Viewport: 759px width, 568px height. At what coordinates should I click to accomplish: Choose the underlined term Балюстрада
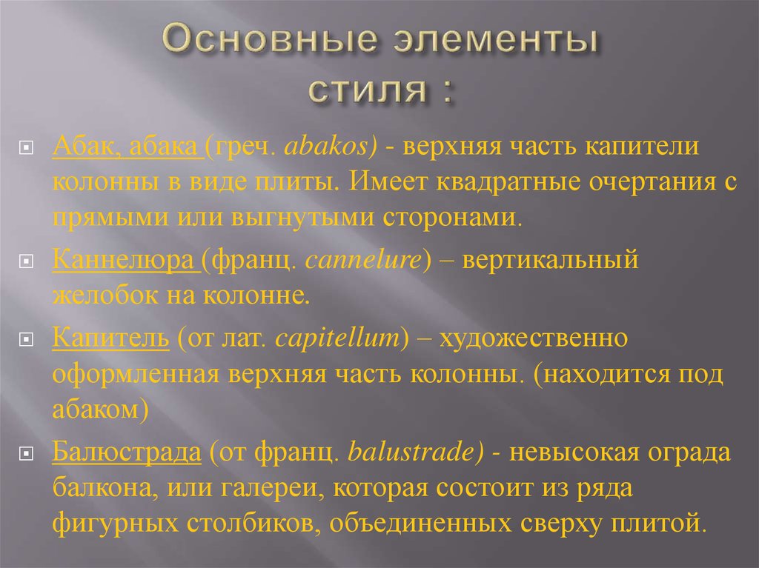[x=127, y=452]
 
